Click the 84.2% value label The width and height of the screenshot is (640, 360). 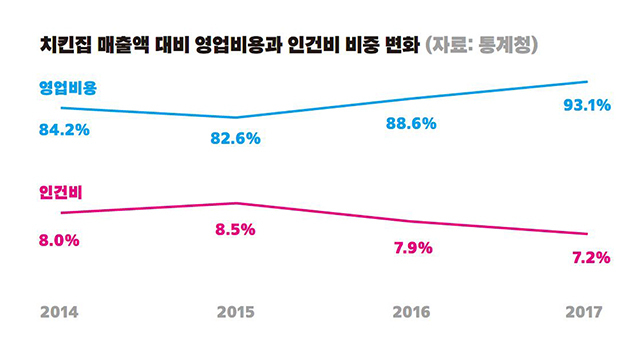click(x=64, y=130)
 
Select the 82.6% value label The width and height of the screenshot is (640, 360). click(x=236, y=138)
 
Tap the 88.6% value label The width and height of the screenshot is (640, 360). click(x=411, y=123)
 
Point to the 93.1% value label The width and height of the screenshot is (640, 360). click(x=587, y=105)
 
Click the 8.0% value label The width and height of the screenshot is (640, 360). click(x=59, y=240)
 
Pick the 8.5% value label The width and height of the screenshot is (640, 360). click(x=235, y=229)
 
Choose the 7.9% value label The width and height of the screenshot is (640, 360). click(x=413, y=248)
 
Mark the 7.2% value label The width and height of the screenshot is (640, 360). click(x=591, y=258)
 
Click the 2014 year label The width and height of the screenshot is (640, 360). click(x=59, y=312)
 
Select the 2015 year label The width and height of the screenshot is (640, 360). click(x=236, y=312)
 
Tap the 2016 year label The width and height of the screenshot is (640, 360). click(x=411, y=312)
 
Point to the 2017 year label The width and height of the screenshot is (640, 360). click(x=584, y=312)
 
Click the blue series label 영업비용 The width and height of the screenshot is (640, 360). click(x=68, y=88)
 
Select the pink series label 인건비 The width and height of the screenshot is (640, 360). click(x=60, y=192)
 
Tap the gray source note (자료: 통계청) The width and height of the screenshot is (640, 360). click(x=482, y=45)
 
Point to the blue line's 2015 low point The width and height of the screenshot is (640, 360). click(x=236, y=118)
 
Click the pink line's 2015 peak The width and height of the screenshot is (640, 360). click(x=236, y=203)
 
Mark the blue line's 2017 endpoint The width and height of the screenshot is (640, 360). click(x=587, y=82)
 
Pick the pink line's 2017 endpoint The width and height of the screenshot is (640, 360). click(x=587, y=234)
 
